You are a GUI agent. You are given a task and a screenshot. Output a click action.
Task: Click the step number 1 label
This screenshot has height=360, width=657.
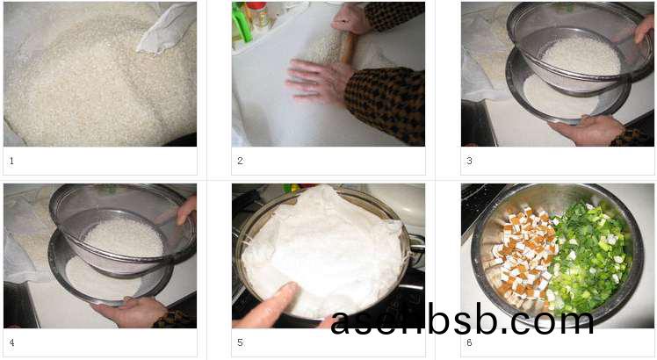coord(11,161)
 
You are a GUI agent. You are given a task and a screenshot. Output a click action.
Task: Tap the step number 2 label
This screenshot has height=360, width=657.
coord(240,161)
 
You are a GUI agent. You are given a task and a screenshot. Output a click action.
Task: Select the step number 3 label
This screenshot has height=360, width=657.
coord(469,161)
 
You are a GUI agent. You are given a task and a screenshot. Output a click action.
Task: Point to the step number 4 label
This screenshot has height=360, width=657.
coord(11,342)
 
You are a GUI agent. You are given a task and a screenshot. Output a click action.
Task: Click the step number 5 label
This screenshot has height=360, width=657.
coord(240,342)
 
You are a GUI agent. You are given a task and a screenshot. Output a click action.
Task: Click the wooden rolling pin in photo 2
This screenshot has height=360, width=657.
coord(349,47)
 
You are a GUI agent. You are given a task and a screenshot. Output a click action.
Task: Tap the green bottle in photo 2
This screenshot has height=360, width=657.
coord(242,22)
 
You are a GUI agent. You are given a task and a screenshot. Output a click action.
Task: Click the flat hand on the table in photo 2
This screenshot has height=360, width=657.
coord(319,81)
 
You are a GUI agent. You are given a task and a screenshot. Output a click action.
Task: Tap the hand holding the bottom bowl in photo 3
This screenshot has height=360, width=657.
coord(587,130)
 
